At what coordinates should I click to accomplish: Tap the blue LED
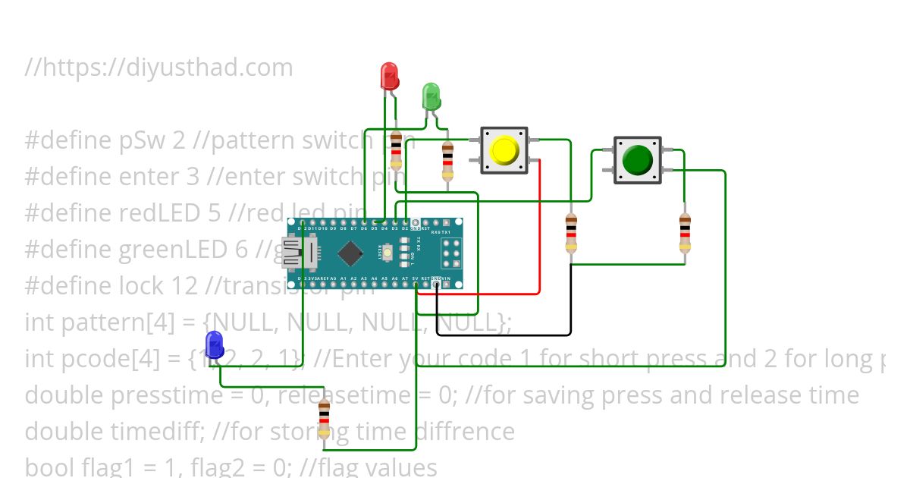[215, 344]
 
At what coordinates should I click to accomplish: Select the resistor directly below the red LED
[396, 150]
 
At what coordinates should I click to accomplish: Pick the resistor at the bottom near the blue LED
[325, 419]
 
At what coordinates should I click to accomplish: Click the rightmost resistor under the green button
[685, 233]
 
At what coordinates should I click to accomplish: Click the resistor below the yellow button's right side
[571, 233]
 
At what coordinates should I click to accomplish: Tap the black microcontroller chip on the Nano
[350, 253]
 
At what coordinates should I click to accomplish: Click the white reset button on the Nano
[388, 253]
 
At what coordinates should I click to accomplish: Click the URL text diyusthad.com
[168, 68]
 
